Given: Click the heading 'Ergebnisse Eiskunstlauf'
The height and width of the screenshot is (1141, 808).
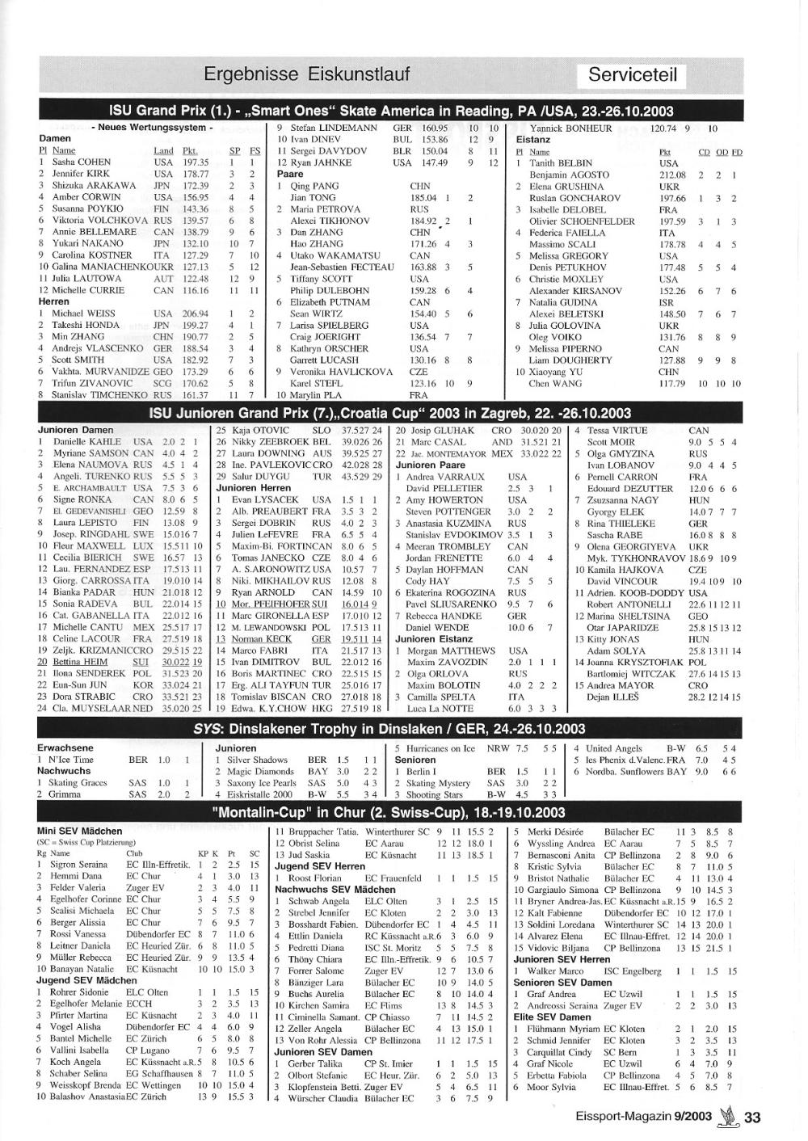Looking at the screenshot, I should click(306, 75).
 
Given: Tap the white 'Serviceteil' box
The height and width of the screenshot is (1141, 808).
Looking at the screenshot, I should click(633, 75).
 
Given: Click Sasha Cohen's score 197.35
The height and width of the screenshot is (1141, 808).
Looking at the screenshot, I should click(196, 162).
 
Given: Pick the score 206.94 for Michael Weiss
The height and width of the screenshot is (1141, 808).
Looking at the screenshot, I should click(196, 314).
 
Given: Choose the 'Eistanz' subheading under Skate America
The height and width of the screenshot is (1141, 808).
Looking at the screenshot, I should click(533, 140).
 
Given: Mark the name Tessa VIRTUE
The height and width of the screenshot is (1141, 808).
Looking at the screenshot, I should click(617, 431).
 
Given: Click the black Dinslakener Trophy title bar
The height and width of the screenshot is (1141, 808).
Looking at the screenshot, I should click(389, 729).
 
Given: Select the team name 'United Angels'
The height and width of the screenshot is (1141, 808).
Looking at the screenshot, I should click(614, 748).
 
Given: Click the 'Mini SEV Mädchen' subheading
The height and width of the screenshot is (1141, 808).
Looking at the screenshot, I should click(79, 831).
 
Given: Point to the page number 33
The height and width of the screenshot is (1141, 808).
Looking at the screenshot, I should click(752, 1117).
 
